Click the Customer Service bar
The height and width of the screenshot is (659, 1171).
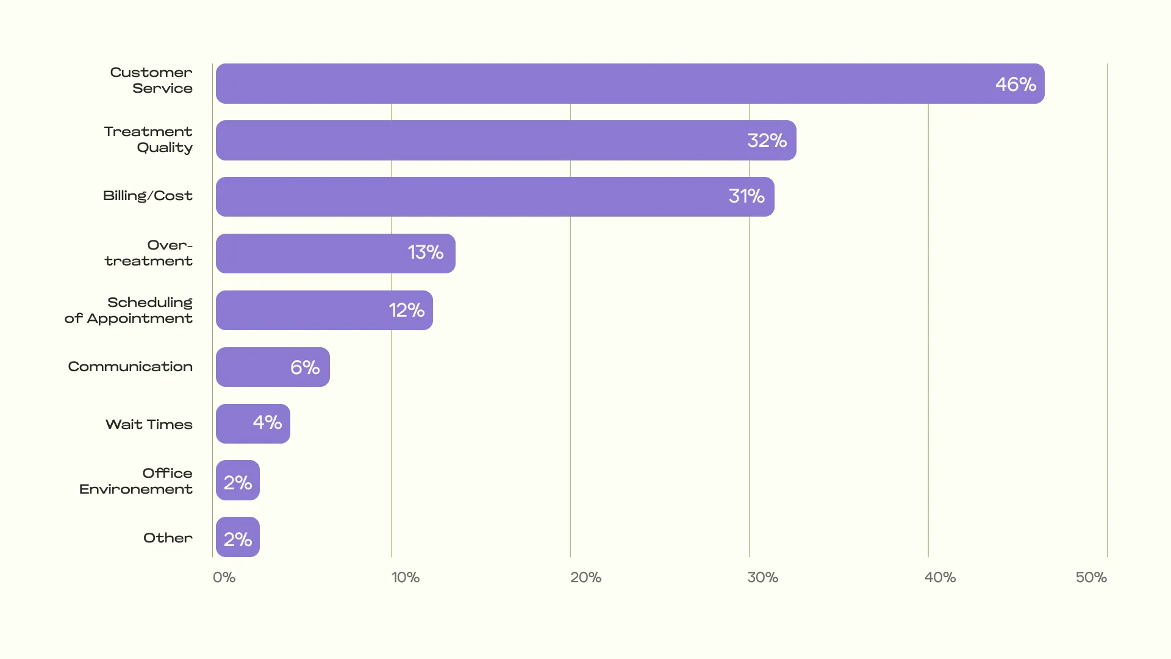[630, 84]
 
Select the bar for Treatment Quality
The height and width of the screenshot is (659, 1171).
[506, 140]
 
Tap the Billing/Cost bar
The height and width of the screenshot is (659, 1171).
[495, 196]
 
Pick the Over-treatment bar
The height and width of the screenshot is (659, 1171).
[335, 253]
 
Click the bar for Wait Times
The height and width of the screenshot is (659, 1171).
[253, 423]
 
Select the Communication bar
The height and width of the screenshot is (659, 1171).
[273, 367]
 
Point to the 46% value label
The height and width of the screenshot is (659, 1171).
[1015, 84]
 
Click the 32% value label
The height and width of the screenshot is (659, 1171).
[767, 140]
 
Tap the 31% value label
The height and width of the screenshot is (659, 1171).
[746, 196]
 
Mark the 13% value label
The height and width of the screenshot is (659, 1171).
[425, 253]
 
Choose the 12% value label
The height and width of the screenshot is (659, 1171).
[406, 310]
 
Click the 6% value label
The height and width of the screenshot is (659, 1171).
[305, 367]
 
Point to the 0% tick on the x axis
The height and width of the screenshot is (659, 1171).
[224, 577]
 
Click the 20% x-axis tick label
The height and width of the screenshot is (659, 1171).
[585, 577]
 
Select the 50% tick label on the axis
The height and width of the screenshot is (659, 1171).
[1091, 577]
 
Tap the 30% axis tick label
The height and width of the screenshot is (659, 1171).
[762, 577]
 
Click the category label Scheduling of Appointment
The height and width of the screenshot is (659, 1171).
[129, 310]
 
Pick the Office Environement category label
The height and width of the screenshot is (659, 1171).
[136, 481]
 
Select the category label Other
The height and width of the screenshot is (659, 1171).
[168, 538]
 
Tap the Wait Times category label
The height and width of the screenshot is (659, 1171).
[149, 424]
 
